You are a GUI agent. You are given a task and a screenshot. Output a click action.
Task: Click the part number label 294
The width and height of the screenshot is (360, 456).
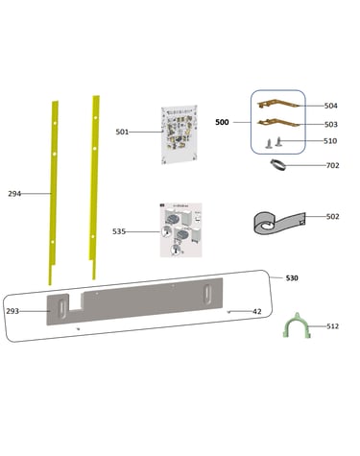point(14,194)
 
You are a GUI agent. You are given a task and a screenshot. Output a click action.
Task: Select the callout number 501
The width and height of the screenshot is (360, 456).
point(122,132)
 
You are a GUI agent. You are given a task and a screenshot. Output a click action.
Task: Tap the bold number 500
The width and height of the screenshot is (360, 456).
point(222,122)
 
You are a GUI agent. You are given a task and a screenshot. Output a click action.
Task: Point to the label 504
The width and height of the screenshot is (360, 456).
point(331,106)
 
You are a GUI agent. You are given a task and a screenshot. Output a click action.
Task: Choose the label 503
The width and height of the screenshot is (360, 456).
point(331,124)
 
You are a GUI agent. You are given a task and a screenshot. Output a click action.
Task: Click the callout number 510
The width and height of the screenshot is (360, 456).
point(330,141)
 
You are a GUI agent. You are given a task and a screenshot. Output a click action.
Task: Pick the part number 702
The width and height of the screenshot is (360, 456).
point(332,165)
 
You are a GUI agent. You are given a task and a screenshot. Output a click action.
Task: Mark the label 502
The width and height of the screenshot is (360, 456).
point(332,217)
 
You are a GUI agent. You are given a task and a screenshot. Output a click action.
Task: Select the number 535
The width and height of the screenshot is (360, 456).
point(119,231)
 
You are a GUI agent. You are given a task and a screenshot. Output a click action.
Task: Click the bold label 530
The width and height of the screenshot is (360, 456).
point(292,278)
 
